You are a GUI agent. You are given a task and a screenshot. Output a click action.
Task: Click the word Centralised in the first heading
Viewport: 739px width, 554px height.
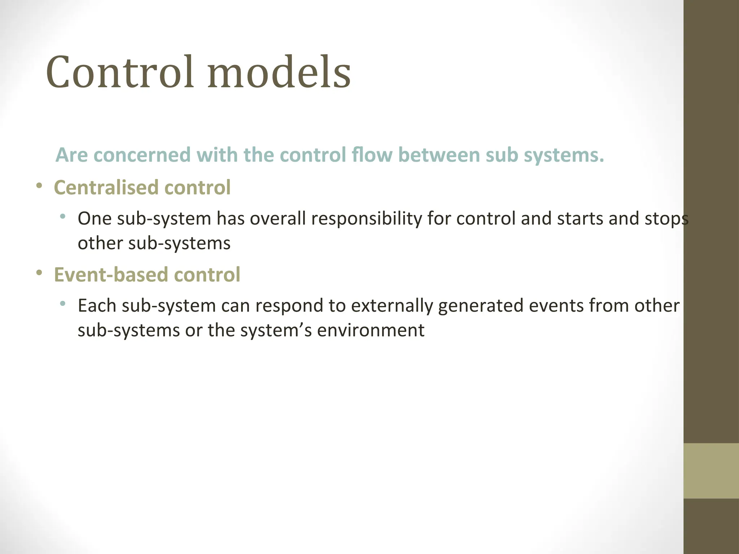[106, 188]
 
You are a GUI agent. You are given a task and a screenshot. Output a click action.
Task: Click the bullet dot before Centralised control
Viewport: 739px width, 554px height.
[39, 186]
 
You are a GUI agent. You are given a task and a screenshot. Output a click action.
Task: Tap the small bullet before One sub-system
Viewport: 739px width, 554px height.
[63, 216]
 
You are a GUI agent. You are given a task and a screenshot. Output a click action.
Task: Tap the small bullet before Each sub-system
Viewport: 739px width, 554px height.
[63, 303]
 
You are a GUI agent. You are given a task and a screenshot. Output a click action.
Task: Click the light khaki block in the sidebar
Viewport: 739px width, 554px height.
[711, 471]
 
